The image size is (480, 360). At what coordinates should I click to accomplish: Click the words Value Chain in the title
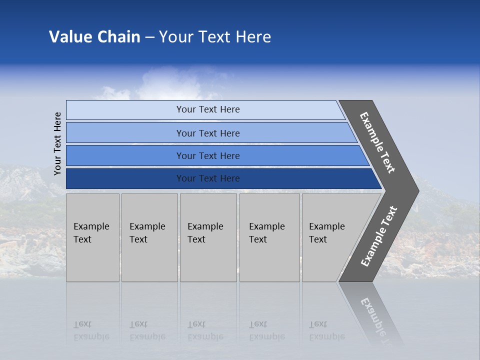[94, 37]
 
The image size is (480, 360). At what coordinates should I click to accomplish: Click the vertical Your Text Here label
[57, 143]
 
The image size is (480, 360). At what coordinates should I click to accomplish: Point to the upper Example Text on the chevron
[377, 142]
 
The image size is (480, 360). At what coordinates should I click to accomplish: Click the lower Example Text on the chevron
[378, 236]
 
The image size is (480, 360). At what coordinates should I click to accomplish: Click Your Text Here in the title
[215, 37]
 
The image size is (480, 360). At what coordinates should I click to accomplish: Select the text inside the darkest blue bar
[208, 178]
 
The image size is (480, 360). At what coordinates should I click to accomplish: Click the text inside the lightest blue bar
[208, 109]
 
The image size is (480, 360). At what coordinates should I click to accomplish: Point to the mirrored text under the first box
[91, 330]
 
